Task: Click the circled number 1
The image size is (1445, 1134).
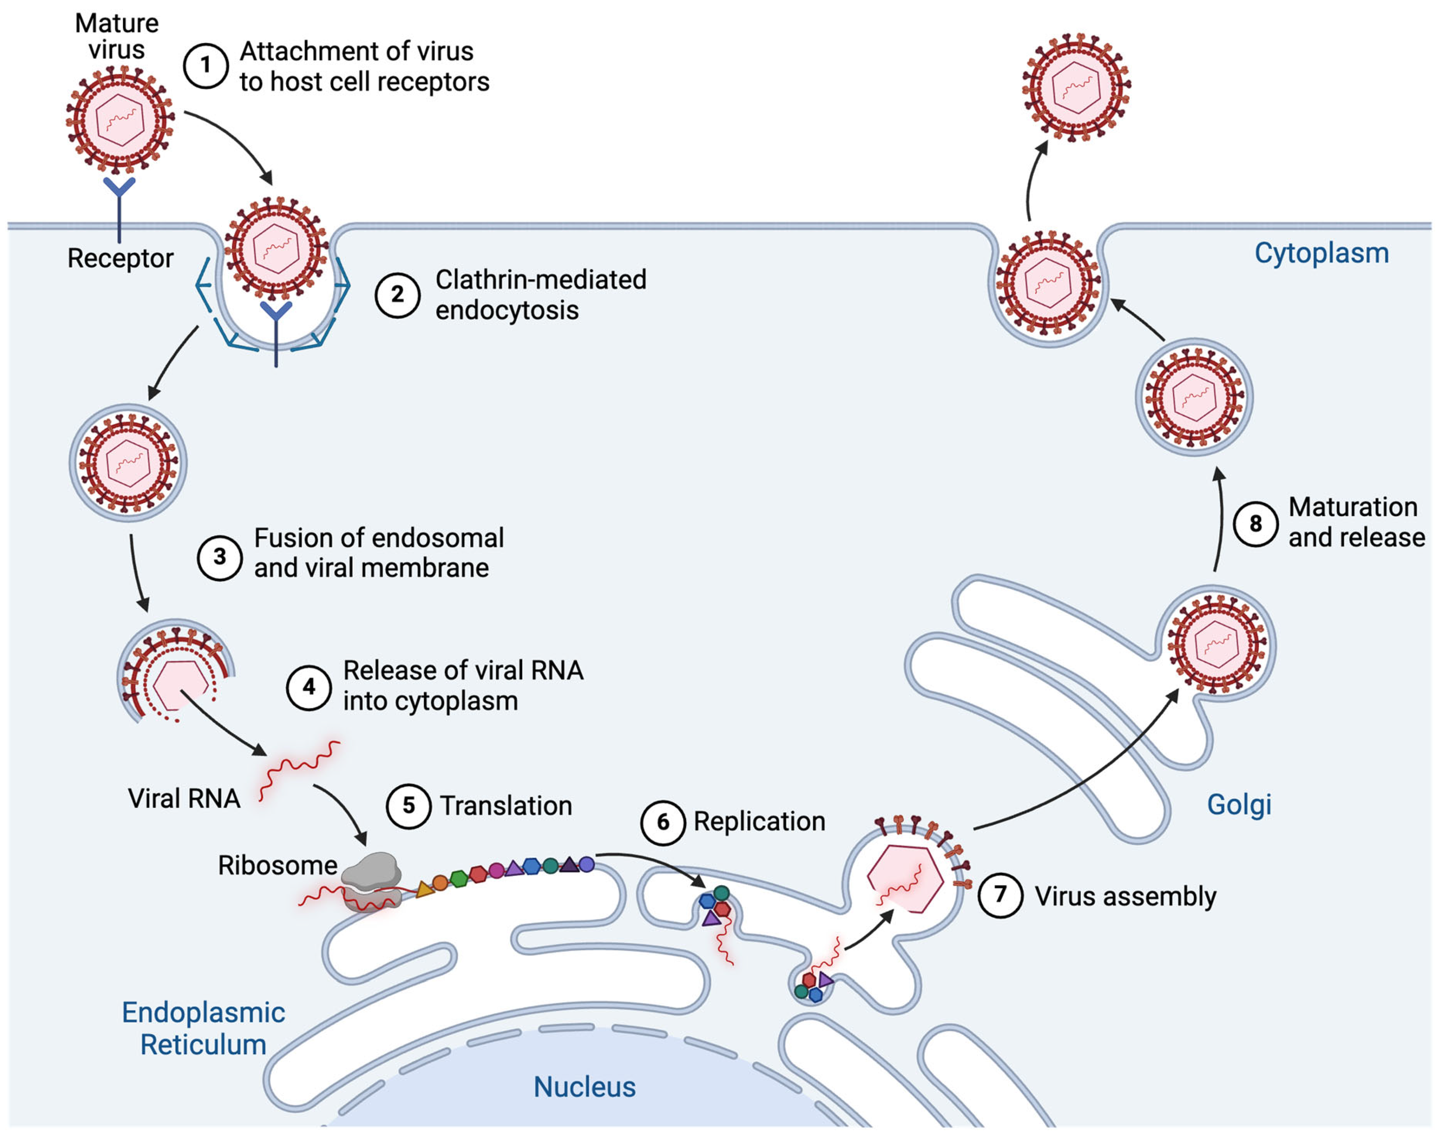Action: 206,66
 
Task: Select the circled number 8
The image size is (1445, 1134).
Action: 1255,524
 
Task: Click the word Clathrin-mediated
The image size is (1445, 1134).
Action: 540,280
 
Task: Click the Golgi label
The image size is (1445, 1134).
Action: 1239,804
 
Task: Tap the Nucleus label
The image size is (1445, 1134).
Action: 584,1087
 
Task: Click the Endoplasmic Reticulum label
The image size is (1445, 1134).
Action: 203,1028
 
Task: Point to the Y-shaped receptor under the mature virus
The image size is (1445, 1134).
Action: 120,206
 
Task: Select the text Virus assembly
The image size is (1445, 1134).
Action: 1125,896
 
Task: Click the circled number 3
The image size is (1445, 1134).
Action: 219,557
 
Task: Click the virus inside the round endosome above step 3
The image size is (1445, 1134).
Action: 128,463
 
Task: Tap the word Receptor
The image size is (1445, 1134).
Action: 120,258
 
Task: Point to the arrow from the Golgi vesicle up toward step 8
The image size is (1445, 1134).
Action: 1220,518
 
